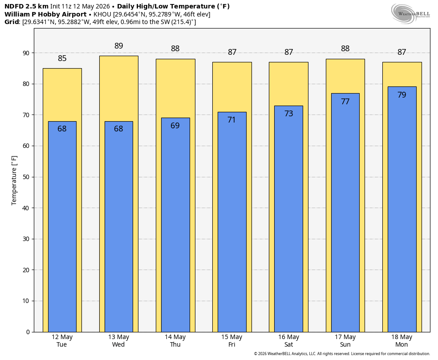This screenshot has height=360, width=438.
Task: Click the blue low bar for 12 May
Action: point(62,227)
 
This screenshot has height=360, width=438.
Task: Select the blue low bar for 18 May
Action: point(402,209)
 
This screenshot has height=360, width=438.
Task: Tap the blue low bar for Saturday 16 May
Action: point(288,219)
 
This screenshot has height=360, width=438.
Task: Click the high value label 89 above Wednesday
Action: point(119,45)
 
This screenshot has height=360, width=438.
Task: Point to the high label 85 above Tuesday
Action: point(62,58)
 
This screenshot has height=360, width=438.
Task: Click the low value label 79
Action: point(401,95)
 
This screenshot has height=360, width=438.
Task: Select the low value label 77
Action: point(345,101)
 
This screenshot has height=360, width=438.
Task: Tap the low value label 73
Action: point(288,113)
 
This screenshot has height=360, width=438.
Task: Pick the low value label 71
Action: point(231,119)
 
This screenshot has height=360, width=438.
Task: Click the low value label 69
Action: point(175,126)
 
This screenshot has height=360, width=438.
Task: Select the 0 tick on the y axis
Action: point(28,332)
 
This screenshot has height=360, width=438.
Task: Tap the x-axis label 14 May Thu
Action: point(175,341)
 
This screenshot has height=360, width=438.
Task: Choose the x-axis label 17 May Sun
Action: point(345,341)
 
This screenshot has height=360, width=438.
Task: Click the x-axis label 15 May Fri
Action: point(231,341)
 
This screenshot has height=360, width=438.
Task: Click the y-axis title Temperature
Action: point(14,180)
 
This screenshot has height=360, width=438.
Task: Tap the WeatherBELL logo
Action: point(410,13)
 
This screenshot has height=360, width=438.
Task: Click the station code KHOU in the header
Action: point(102,14)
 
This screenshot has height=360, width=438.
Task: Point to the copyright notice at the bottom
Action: point(342,354)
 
